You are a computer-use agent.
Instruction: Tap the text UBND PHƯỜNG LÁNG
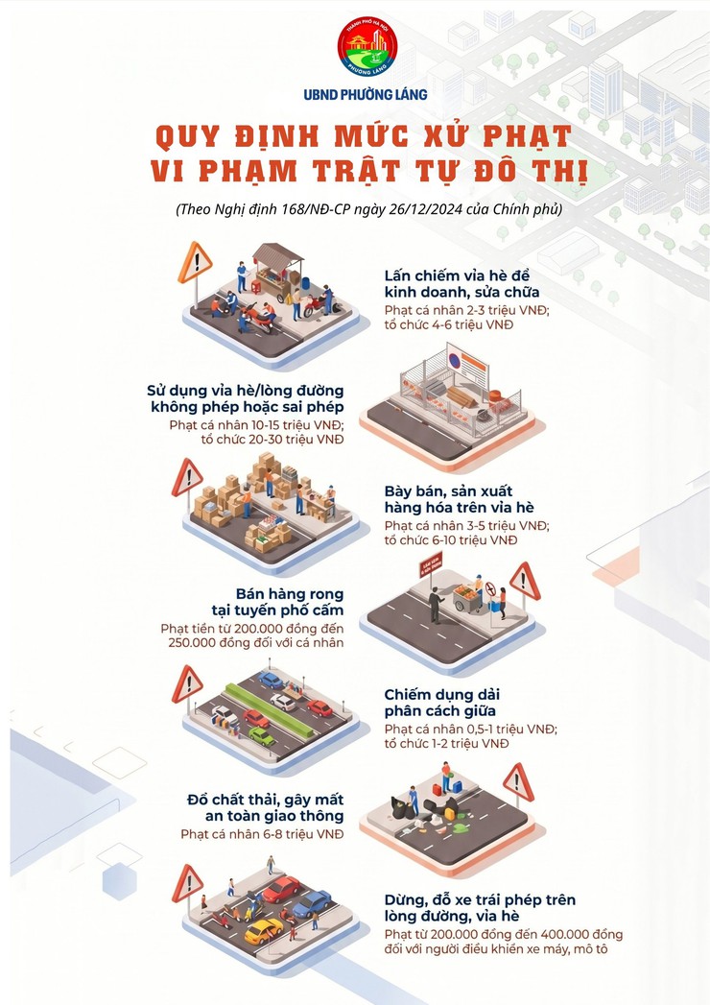click(x=366, y=94)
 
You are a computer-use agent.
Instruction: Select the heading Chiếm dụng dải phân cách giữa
click(x=443, y=703)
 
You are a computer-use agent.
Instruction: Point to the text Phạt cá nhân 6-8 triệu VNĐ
click(x=262, y=833)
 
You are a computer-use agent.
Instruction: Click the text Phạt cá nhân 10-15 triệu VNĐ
click(x=256, y=423)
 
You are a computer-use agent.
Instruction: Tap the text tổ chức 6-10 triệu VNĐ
click(x=450, y=540)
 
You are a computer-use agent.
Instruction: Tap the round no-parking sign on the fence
click(x=453, y=361)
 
